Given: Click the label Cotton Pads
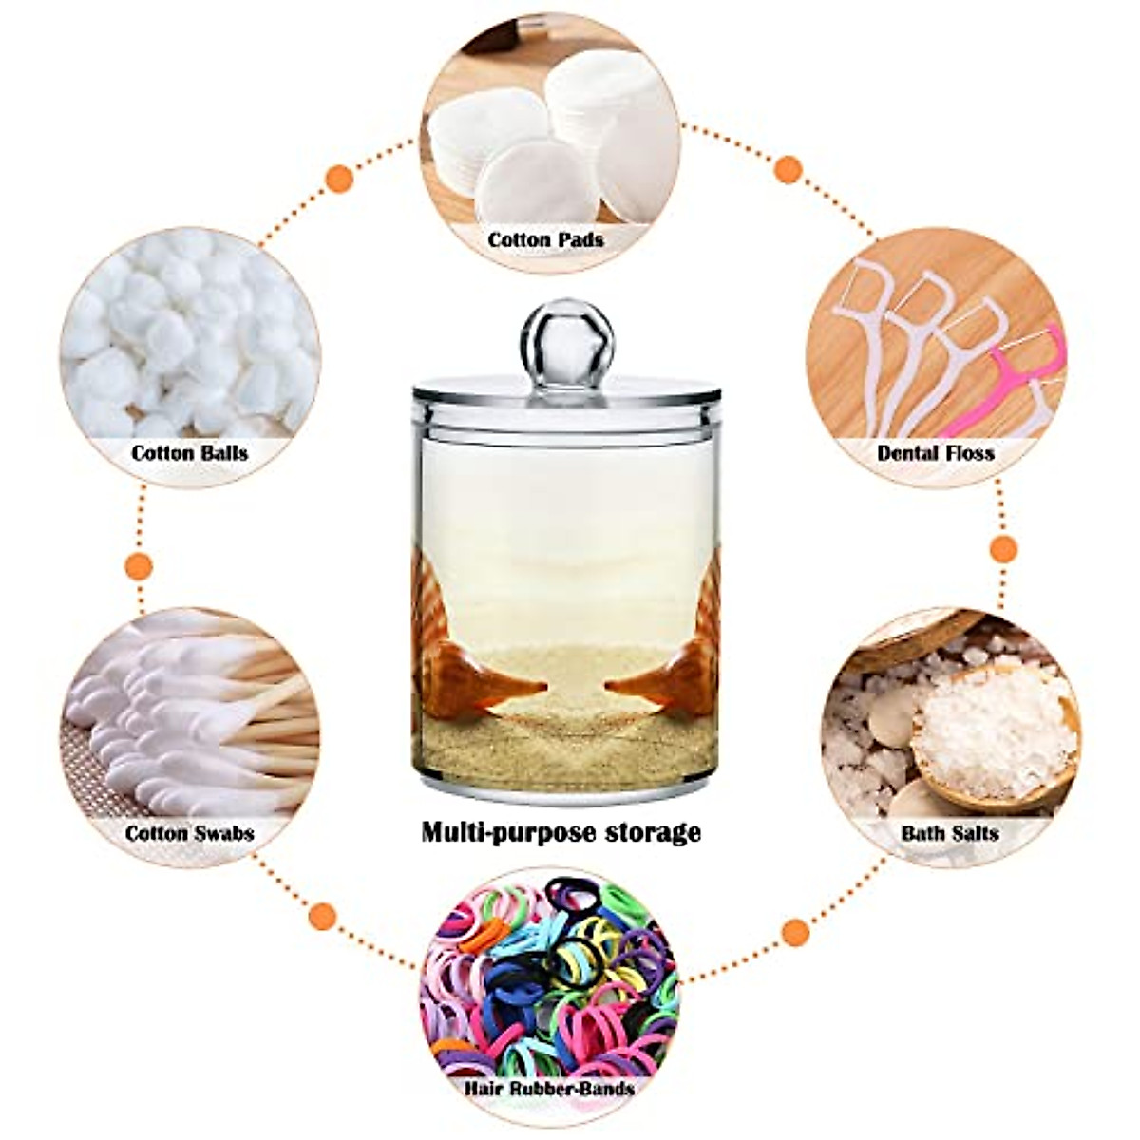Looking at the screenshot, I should (x=545, y=239).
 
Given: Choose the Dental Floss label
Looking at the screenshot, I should (x=935, y=452).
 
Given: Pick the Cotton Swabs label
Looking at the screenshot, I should (x=189, y=833).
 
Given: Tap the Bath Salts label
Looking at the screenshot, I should (x=949, y=833).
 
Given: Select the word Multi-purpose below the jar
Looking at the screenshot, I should (x=503, y=833).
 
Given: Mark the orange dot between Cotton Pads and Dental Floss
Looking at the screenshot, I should (x=788, y=169).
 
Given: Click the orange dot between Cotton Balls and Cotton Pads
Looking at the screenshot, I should (x=339, y=178).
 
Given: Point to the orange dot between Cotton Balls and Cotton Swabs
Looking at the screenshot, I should (x=139, y=566).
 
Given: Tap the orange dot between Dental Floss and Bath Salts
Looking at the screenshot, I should (x=1003, y=548).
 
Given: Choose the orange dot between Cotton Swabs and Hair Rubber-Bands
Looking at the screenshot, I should (x=323, y=916).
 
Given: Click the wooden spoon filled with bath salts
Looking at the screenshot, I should (x=993, y=731).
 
